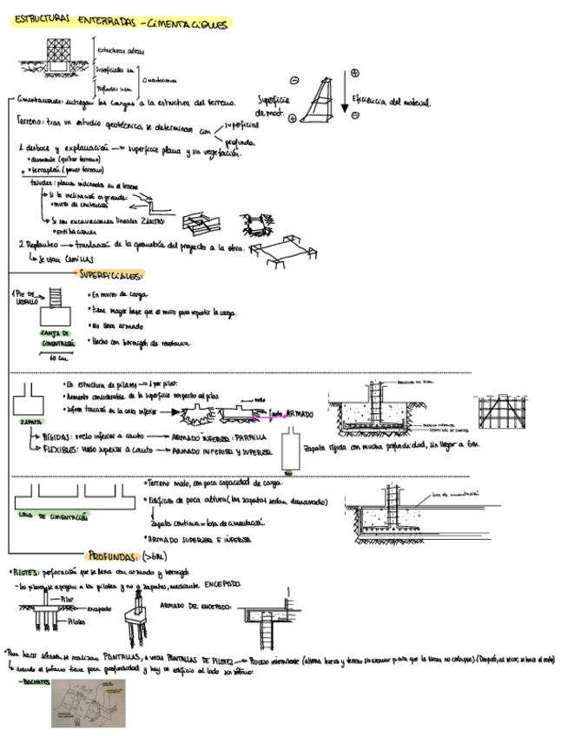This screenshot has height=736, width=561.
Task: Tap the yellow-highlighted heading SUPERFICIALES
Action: (111, 275)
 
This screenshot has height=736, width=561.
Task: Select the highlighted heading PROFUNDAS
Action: (116, 556)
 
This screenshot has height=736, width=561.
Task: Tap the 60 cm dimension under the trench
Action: (58, 357)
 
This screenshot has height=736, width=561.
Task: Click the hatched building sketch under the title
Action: (58, 56)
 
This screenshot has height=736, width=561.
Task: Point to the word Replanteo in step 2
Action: (39, 246)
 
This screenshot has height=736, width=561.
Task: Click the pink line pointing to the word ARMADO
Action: (277, 413)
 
